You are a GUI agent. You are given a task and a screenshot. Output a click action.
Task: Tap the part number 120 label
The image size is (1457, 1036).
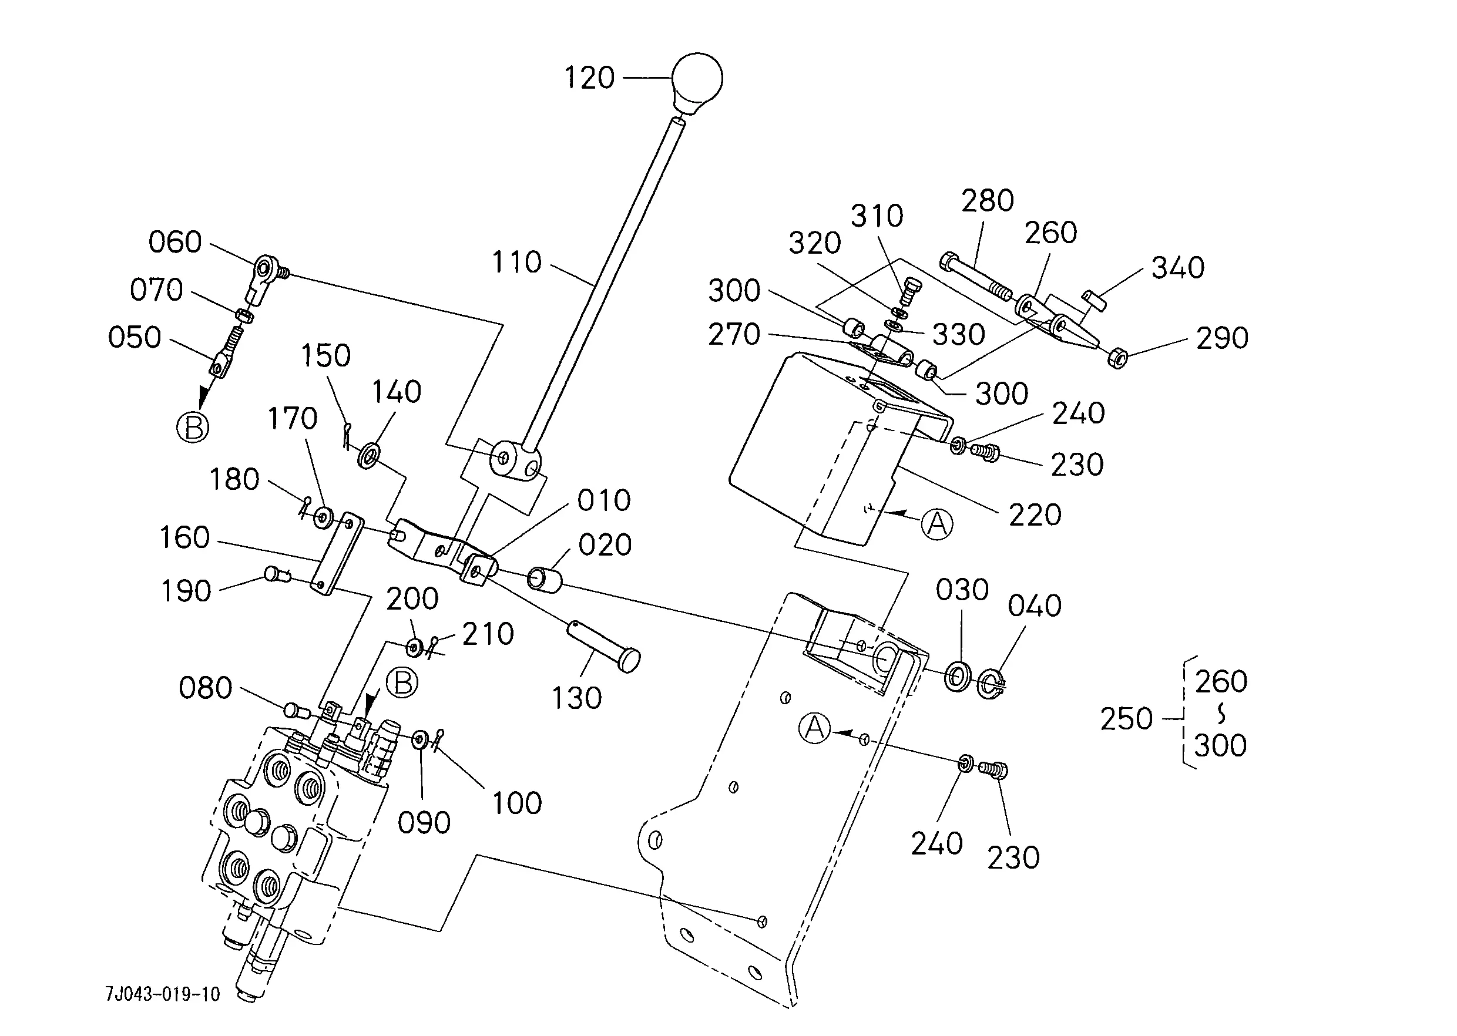(589, 78)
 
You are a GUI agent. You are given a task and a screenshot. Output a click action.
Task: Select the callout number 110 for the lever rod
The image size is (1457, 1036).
(516, 262)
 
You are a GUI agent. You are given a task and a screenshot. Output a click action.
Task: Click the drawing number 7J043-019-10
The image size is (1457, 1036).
(163, 994)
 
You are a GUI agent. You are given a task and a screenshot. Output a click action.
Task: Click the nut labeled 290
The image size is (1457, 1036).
(1117, 357)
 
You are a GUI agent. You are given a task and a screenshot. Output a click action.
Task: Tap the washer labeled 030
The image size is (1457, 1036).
(957, 676)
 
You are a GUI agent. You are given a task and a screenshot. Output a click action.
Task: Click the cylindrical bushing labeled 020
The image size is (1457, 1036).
(544, 579)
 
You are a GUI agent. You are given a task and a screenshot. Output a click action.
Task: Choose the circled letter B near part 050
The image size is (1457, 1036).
(193, 427)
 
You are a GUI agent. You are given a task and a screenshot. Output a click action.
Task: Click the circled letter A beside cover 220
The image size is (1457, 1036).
(937, 524)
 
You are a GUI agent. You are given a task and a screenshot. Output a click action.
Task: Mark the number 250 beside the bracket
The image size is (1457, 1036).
(1126, 719)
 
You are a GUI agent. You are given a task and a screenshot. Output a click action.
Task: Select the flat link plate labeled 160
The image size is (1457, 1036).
(336, 554)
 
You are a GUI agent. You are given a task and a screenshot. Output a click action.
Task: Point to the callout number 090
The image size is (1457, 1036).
(424, 822)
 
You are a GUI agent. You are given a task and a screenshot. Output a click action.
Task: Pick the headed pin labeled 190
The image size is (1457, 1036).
(276, 575)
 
